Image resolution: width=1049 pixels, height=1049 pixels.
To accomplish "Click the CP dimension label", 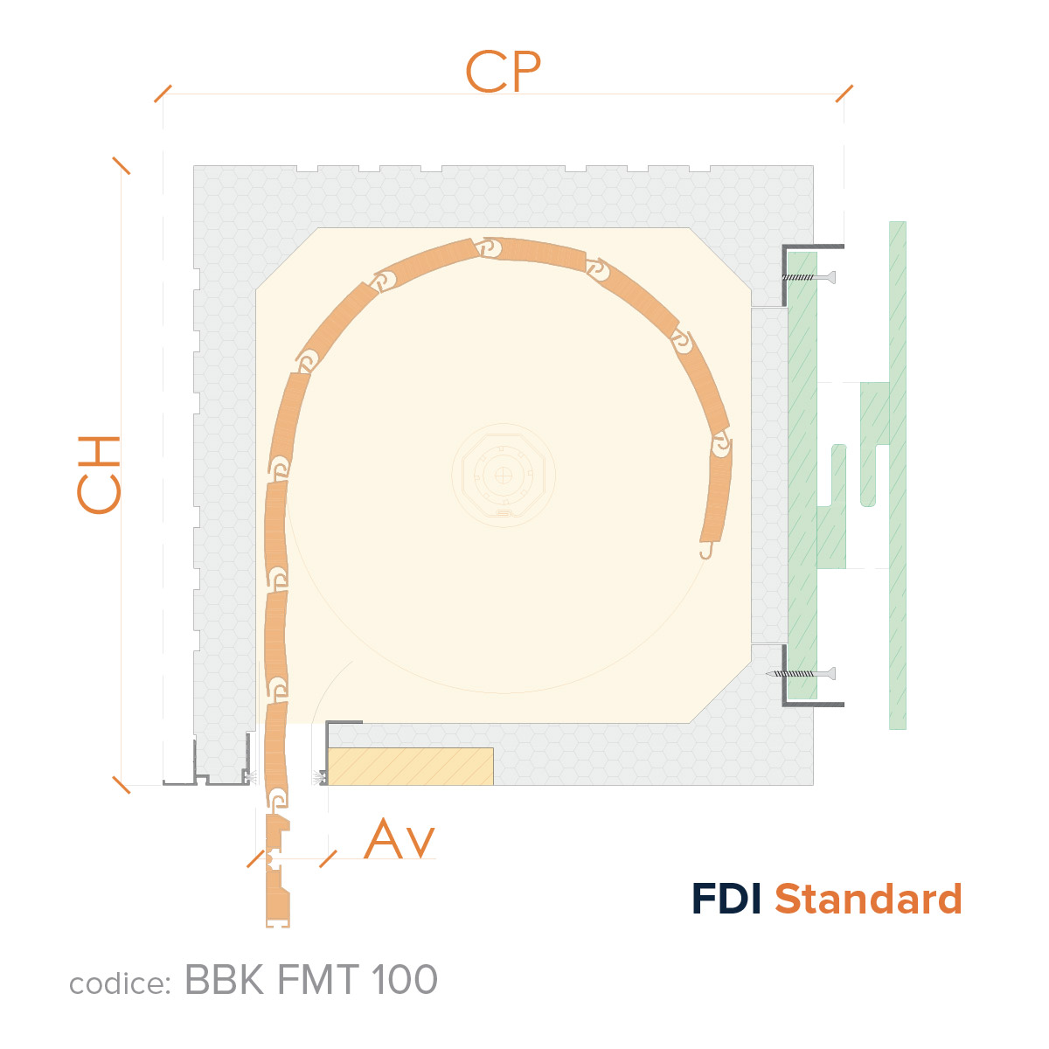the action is pyautogui.click(x=503, y=72).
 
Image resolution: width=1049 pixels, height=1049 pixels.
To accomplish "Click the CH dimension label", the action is pyautogui.click(x=99, y=475).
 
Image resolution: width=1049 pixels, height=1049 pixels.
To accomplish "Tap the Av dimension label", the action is pyautogui.click(x=399, y=839).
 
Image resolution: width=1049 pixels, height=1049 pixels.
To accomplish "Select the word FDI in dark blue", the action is pyautogui.click(x=726, y=899).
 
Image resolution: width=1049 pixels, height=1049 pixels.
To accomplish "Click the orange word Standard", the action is pyautogui.click(x=868, y=899).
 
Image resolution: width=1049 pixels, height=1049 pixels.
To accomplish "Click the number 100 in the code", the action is pyautogui.click(x=405, y=979).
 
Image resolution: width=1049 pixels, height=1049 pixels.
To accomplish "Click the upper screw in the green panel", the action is pyautogui.click(x=809, y=278).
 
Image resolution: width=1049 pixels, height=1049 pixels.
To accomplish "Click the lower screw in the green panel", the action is pyautogui.click(x=800, y=674).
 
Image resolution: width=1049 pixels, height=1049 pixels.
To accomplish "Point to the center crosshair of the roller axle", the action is pyautogui.click(x=503, y=476).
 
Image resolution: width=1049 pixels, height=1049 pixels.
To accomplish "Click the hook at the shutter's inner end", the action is pyautogui.click(x=706, y=552).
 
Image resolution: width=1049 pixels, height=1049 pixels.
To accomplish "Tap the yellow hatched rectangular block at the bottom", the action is pyautogui.click(x=411, y=767).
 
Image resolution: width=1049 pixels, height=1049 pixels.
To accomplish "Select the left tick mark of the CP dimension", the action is pyautogui.click(x=163, y=94).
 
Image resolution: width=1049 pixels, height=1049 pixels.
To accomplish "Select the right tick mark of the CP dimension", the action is pyautogui.click(x=844, y=94).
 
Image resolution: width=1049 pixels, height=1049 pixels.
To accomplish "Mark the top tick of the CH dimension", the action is pyautogui.click(x=122, y=165).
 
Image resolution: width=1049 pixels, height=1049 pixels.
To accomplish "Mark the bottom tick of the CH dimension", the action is pyautogui.click(x=122, y=785).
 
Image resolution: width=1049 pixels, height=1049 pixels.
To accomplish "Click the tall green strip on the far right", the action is pyautogui.click(x=898, y=476).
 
